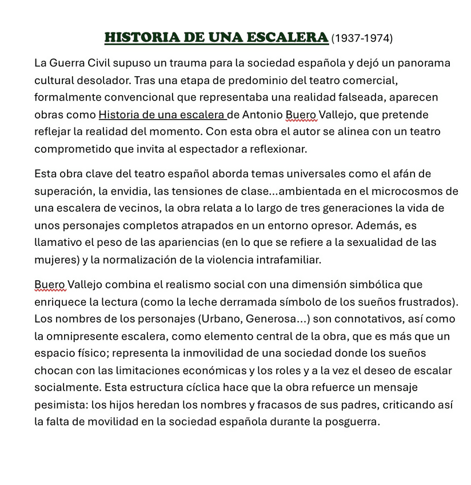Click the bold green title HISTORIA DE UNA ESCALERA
217,38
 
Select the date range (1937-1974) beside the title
362,38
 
